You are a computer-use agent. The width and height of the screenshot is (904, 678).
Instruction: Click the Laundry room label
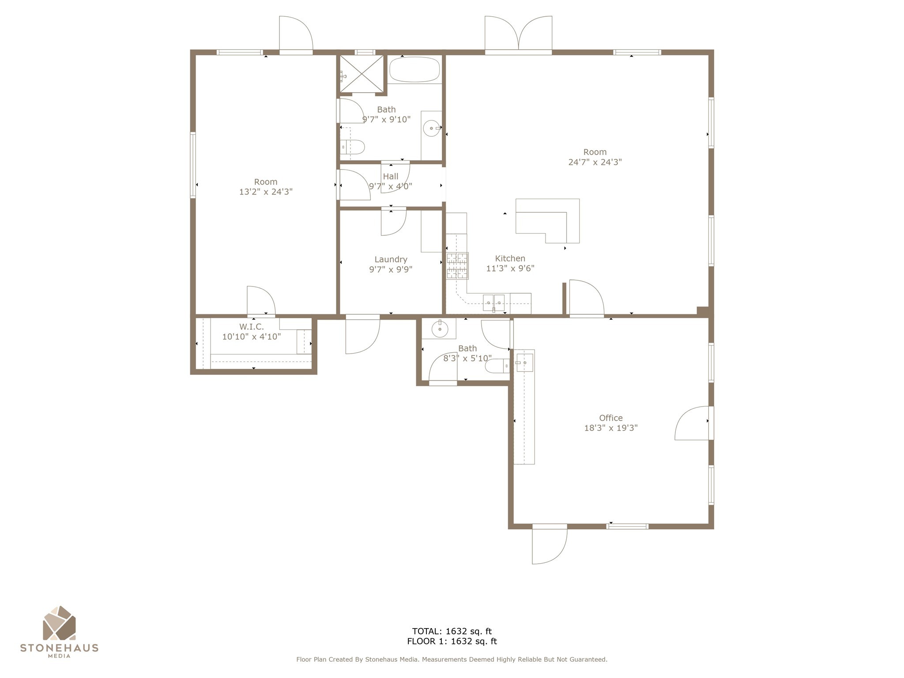click(391, 260)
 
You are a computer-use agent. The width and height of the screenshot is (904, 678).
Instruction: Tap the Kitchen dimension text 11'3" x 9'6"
click(510, 268)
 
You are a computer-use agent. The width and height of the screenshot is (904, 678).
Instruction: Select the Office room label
click(610, 418)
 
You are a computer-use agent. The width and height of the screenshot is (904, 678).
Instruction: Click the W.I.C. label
click(252, 327)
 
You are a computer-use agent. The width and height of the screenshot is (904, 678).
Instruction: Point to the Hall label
click(391, 177)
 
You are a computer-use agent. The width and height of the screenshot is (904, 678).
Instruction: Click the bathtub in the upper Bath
click(414, 69)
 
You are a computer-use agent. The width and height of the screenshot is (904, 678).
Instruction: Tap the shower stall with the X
click(362, 73)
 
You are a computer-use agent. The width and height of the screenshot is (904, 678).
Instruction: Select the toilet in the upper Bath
click(353, 147)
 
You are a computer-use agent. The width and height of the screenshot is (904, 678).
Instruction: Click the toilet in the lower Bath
click(497, 366)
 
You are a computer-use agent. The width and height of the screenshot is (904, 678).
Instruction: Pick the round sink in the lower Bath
click(440, 329)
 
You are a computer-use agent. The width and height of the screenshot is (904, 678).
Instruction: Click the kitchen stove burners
click(457, 266)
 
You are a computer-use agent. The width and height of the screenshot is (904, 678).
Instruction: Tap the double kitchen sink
click(494, 303)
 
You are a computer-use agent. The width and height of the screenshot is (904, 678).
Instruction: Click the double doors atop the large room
click(518, 35)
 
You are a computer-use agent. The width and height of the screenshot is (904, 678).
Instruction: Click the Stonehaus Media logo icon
click(59, 623)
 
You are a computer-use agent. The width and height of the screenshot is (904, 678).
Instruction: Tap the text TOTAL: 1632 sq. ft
click(452, 631)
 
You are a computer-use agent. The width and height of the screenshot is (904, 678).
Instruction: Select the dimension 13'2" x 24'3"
click(266, 192)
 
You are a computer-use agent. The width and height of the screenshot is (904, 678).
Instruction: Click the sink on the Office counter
click(524, 363)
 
